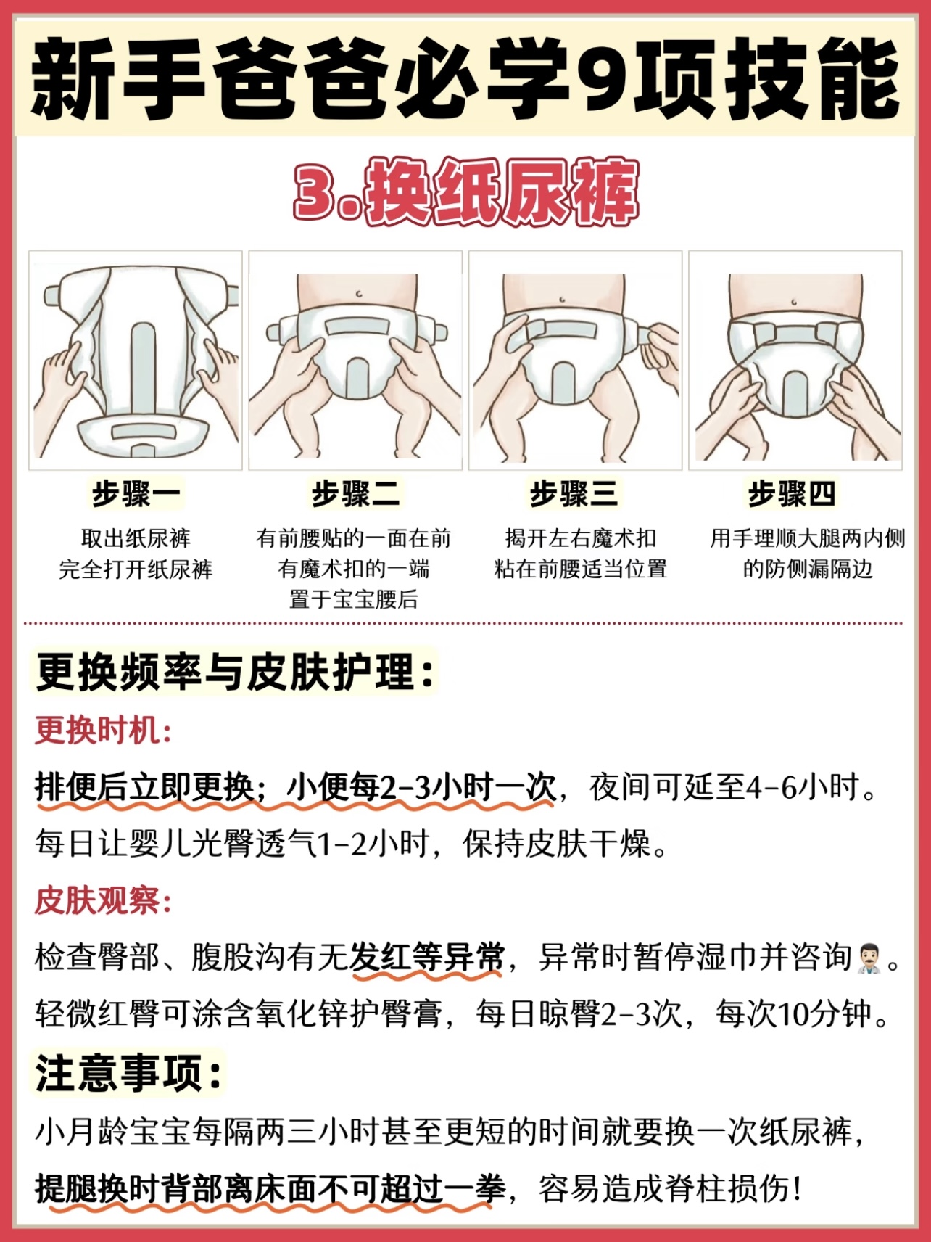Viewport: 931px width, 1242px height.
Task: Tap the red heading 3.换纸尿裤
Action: tap(465, 191)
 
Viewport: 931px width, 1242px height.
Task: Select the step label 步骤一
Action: tap(136, 494)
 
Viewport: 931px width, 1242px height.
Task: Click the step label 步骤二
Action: tap(355, 494)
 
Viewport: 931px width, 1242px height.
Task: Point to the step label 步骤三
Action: tap(574, 494)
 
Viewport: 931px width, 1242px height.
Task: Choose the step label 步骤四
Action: tap(793, 494)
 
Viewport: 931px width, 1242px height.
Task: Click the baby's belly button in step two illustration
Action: tap(359, 294)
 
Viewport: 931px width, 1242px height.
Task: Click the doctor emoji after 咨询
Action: tap(869, 958)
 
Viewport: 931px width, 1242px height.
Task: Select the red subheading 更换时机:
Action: tap(103, 730)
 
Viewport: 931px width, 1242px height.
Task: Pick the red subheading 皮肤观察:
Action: tap(103, 901)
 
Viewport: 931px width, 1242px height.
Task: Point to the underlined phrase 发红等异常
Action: tap(427, 958)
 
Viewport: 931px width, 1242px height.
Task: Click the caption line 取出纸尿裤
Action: tap(136, 538)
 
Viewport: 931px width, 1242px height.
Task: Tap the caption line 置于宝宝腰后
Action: tap(354, 599)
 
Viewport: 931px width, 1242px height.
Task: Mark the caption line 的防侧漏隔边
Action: tap(807, 569)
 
